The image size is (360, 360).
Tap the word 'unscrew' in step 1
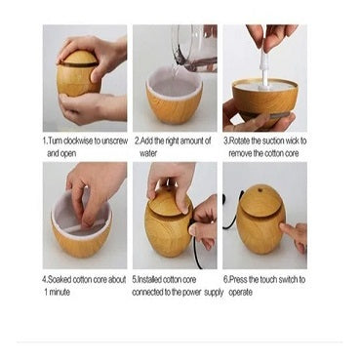click(114, 141)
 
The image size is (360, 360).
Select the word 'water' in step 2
click(148, 153)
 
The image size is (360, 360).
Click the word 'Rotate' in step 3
click(240, 141)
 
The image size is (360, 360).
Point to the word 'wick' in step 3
click(292, 141)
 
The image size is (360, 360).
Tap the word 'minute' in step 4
click(60, 292)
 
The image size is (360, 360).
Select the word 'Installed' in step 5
click(149, 280)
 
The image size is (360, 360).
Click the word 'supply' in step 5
click(214, 293)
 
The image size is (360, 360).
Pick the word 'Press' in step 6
click(238, 280)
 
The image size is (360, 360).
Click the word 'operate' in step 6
click(241, 293)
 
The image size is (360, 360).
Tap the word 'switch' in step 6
click(287, 280)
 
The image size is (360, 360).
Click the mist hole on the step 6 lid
click(260, 188)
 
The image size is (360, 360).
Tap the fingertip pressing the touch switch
click(282, 226)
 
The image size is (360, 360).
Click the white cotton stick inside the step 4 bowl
click(82, 226)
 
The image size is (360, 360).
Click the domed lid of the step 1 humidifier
click(78, 58)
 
